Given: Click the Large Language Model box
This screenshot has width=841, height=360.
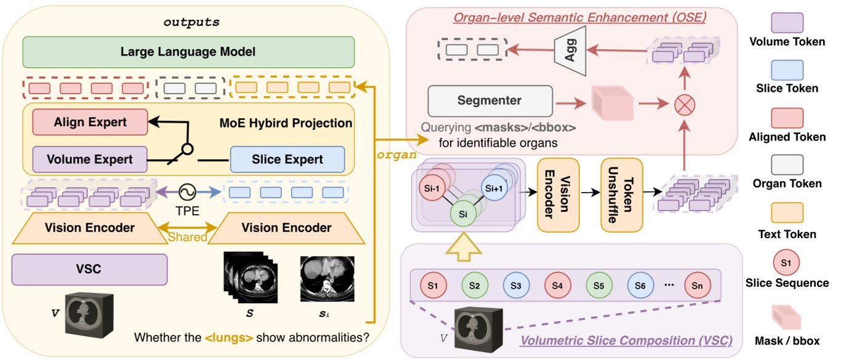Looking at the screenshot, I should pos(188,52).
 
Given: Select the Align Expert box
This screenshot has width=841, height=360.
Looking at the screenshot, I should pos(90,122).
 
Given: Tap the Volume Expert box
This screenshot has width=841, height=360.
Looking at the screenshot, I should pos(90,159).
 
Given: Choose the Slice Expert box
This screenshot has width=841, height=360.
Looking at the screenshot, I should pos(288,159).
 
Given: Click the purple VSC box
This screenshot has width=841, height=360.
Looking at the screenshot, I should pos(90,270).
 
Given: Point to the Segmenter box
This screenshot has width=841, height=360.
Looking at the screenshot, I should pos(489,100).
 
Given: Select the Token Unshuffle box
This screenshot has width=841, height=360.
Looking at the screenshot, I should pos(621,194).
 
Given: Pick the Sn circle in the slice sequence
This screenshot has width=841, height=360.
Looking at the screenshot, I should pos(697,285).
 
